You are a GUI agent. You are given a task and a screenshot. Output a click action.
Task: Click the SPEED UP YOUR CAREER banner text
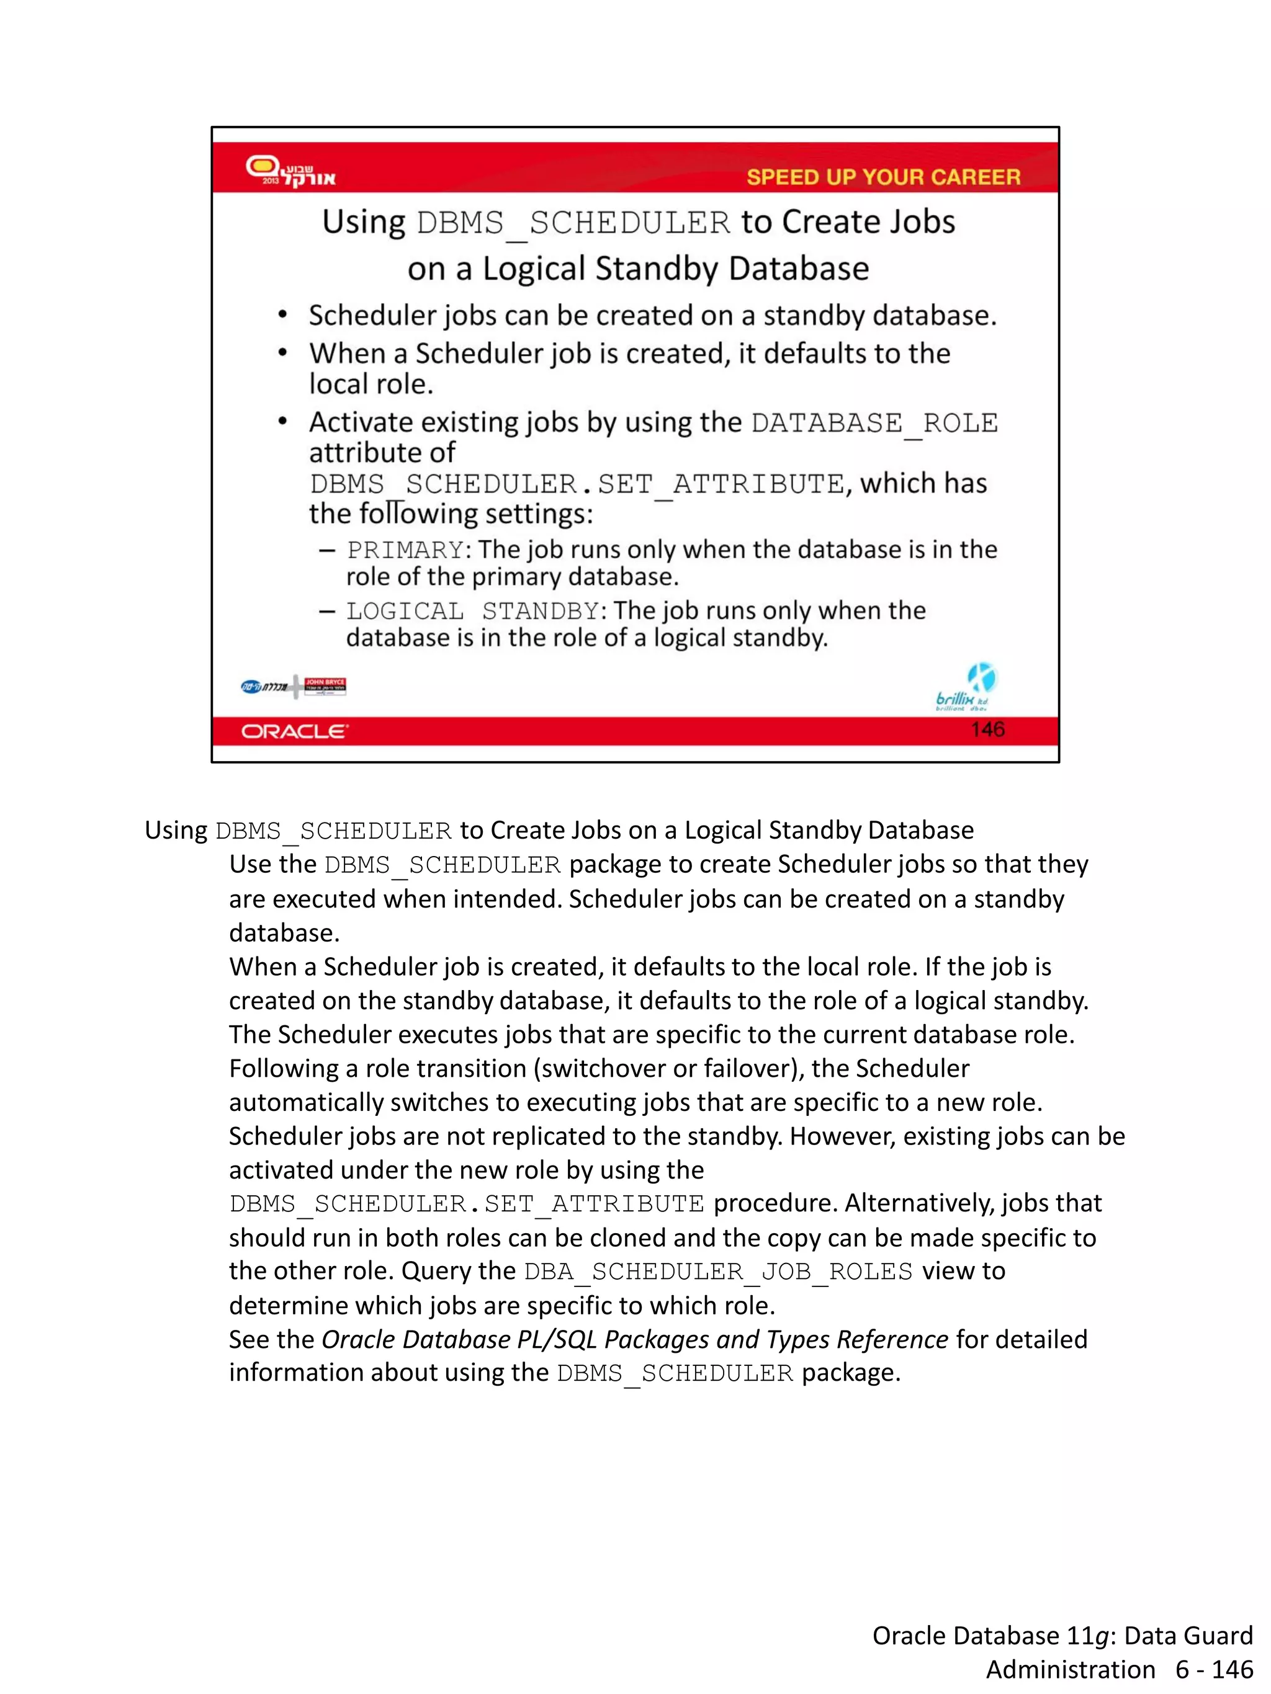[883, 177]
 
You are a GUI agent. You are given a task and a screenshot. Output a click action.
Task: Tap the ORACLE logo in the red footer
[295, 731]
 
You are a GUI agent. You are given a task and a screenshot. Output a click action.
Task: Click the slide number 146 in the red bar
[987, 729]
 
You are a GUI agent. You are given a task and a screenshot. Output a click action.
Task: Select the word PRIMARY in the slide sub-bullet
[405, 550]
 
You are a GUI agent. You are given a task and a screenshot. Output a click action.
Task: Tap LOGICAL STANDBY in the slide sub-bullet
[472, 611]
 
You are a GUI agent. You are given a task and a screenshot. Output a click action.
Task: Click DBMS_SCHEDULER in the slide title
[573, 223]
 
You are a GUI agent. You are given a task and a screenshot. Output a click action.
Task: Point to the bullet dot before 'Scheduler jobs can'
[283, 314]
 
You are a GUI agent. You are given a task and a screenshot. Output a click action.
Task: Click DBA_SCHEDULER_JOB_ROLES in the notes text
[718, 1272]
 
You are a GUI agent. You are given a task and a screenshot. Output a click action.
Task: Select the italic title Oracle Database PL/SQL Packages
[634, 1339]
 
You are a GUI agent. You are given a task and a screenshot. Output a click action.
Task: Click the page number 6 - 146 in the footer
[1215, 1669]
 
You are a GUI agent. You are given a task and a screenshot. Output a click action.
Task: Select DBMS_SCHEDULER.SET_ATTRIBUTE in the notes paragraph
[466, 1204]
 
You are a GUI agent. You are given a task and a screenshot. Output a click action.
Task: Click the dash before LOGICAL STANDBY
[327, 611]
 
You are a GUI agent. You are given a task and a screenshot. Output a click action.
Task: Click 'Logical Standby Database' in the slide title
[675, 269]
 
